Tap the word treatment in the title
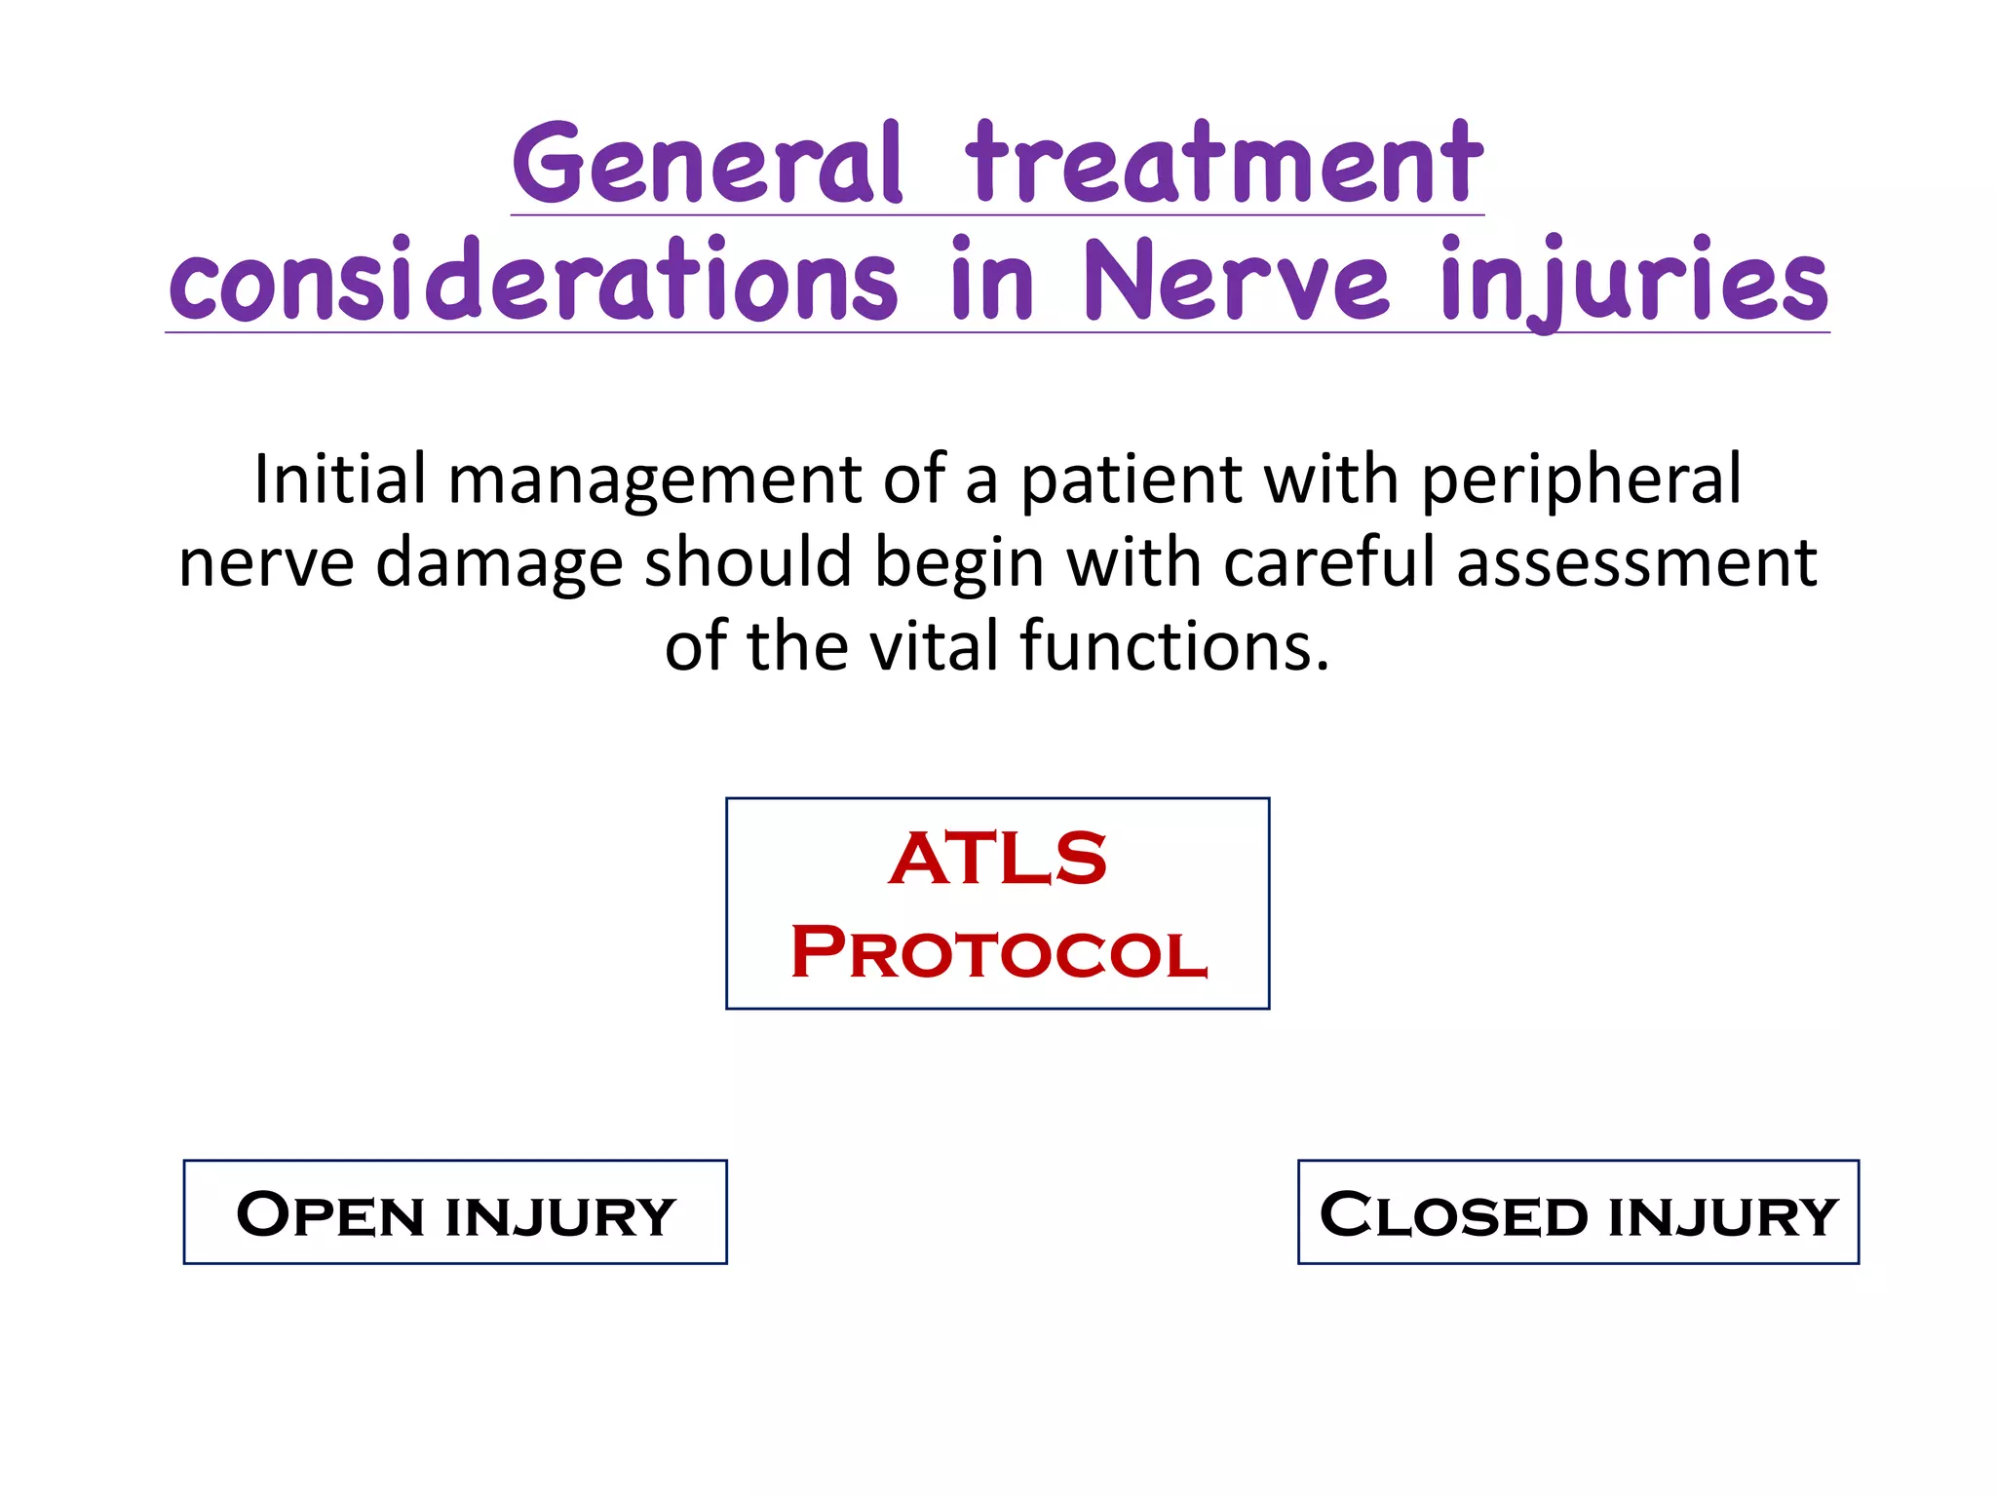(1223, 166)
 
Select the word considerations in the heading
(532, 283)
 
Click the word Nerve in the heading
(1235, 283)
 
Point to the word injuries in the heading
(1633, 283)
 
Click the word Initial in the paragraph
(340, 480)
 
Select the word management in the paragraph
(654, 481)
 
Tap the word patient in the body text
(1131, 481)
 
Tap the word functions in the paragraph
(1173, 647)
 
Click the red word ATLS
(998, 860)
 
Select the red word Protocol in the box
(998, 952)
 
